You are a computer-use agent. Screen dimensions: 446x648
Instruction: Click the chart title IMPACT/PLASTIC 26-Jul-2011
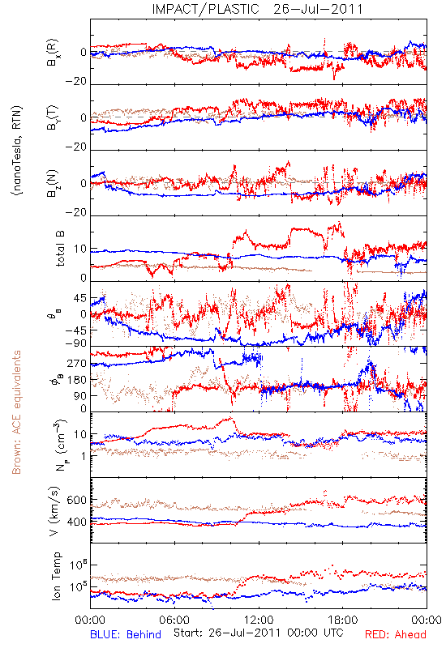click(x=257, y=9)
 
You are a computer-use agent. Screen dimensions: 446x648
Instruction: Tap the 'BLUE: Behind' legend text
click(x=126, y=634)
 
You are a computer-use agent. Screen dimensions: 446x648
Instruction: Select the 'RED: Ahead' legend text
click(x=396, y=634)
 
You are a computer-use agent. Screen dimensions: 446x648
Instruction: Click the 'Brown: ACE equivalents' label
click(x=16, y=412)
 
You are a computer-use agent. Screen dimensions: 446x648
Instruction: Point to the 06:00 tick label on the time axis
click(x=174, y=620)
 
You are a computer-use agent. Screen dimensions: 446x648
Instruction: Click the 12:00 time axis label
click(x=259, y=620)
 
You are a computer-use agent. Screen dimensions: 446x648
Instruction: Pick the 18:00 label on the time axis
click(x=343, y=620)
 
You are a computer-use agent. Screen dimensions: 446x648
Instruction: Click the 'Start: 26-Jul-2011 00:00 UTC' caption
click(x=259, y=633)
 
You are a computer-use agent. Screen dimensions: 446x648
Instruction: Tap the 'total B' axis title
click(x=60, y=249)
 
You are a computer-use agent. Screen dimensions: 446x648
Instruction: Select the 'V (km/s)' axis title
click(x=54, y=511)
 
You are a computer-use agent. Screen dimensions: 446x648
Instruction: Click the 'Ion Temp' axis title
click(x=56, y=576)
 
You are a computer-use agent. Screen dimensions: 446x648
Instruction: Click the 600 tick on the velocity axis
click(x=76, y=500)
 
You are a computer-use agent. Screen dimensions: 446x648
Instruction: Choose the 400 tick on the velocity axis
click(x=76, y=522)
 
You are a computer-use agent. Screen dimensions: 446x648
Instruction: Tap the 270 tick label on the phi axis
click(x=77, y=364)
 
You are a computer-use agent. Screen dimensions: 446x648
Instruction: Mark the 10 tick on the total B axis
click(x=80, y=249)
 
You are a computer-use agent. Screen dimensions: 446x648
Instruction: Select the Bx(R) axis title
click(x=53, y=53)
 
